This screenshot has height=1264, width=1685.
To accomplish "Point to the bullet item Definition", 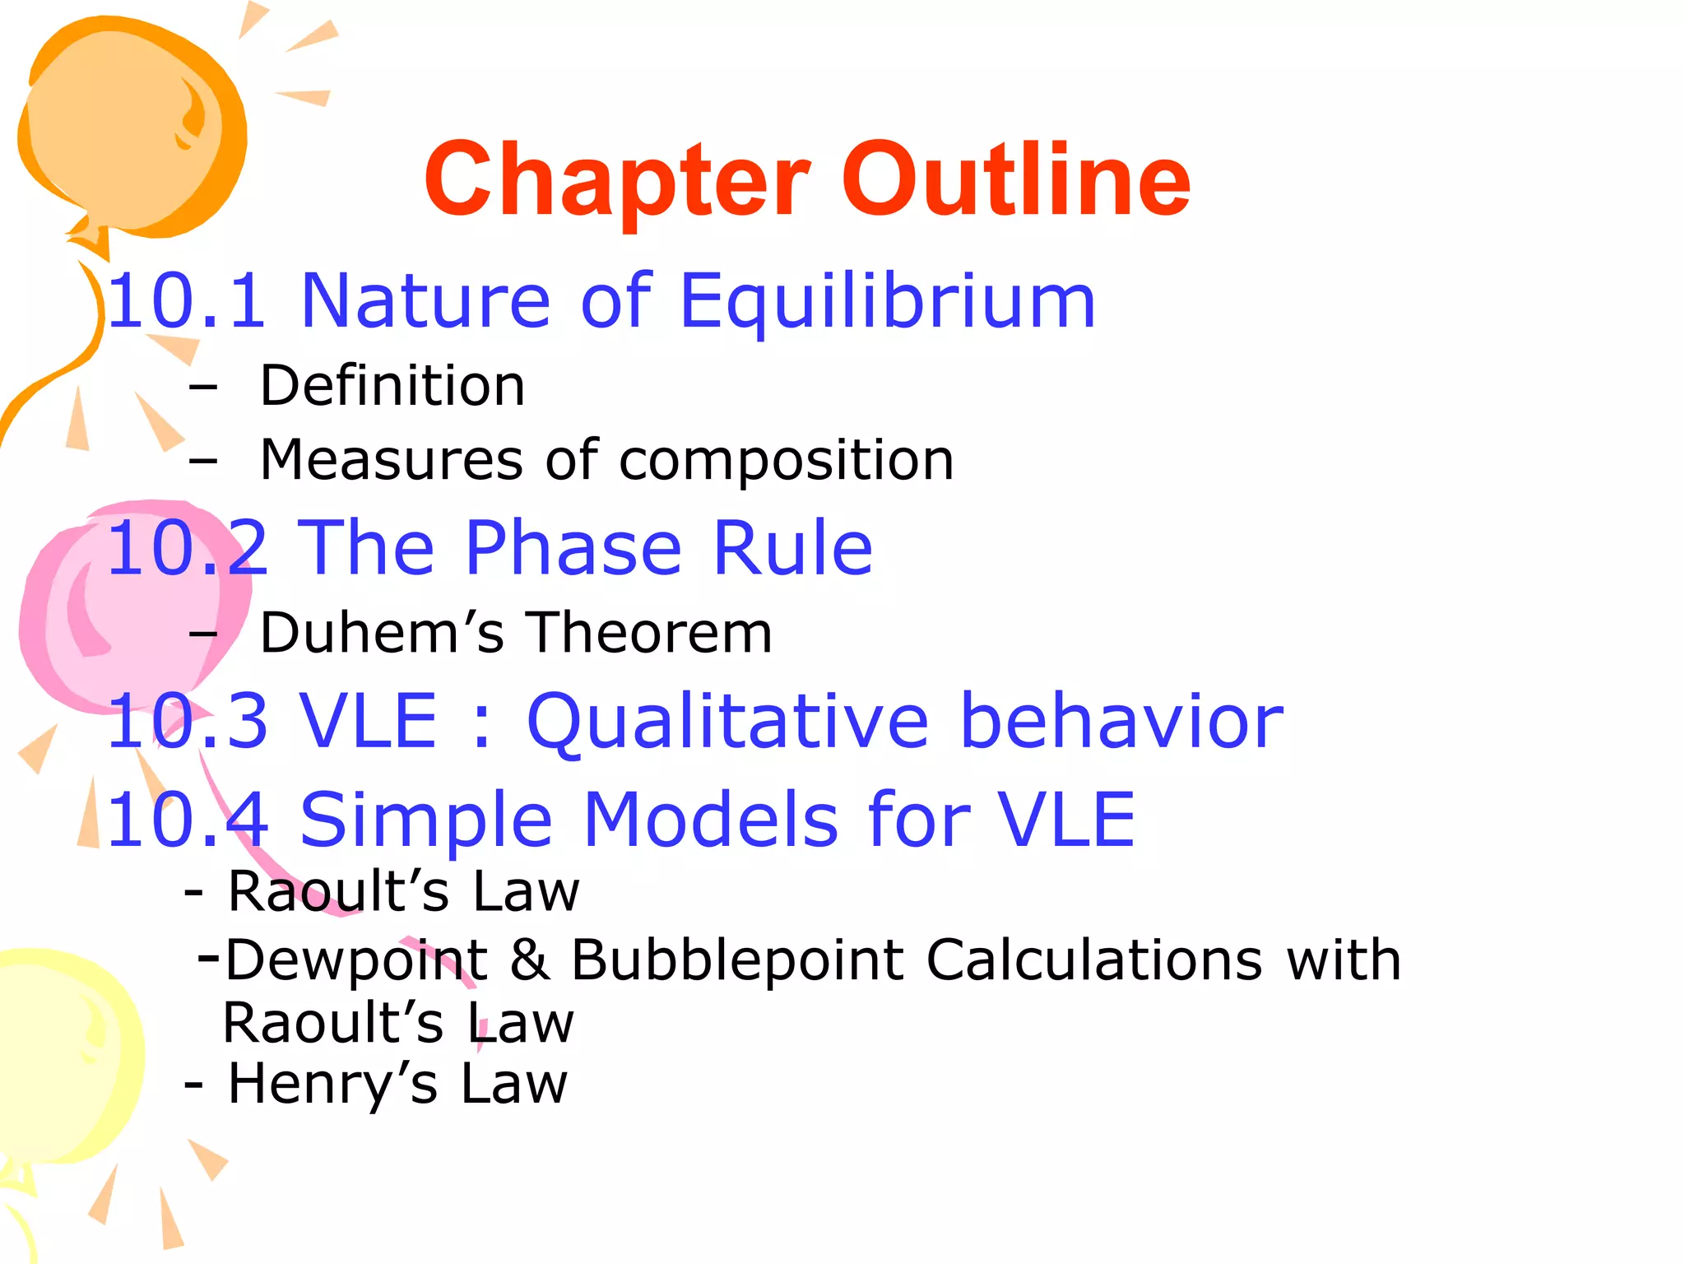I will pyautogui.click(x=392, y=385).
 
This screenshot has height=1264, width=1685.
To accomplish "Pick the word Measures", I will pyautogui.click(x=391, y=459).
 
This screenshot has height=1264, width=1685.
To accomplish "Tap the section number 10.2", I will pyautogui.click(x=187, y=548).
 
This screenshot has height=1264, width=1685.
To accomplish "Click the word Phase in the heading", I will pyautogui.click(x=573, y=548).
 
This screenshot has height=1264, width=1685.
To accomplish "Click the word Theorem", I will pyautogui.click(x=649, y=633).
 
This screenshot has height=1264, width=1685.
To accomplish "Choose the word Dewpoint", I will pyautogui.click(x=356, y=960).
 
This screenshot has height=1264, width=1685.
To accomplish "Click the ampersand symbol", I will pyautogui.click(x=530, y=960).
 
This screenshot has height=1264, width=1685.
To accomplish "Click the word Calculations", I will pyautogui.click(x=1094, y=960).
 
